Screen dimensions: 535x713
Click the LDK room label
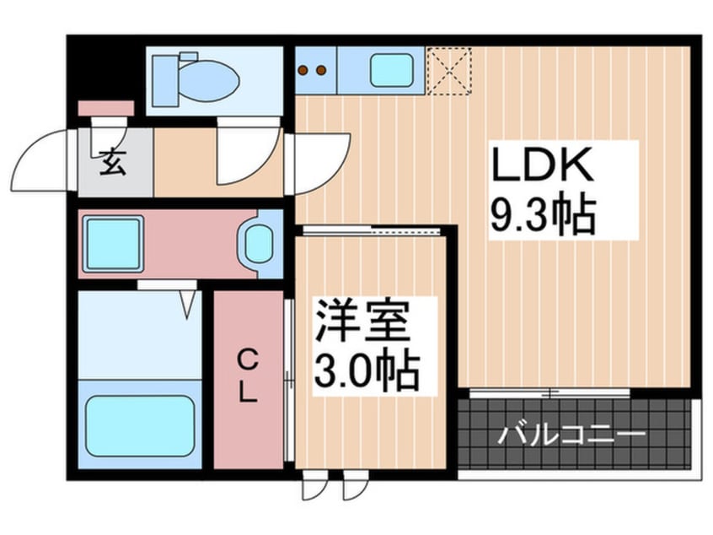[x=544, y=165]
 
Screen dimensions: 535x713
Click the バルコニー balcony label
[x=571, y=436]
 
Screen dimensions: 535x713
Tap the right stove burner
[x=321, y=70]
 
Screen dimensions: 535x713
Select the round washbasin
[x=259, y=242]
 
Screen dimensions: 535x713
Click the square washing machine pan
[x=111, y=242]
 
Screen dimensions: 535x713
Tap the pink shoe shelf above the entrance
[x=105, y=108]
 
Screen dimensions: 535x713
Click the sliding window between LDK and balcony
[x=549, y=392]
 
